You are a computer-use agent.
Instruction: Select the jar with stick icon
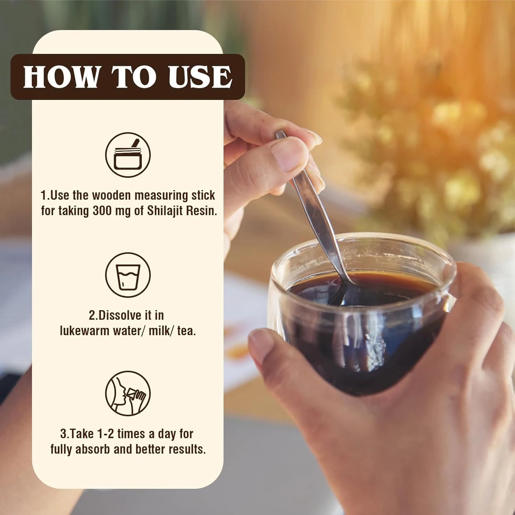pos(128,155)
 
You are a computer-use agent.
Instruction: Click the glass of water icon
pos(128,275)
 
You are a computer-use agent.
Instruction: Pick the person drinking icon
pos(128,393)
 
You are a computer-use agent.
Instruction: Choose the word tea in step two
pos(186,331)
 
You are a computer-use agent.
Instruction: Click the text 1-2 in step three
pos(106,434)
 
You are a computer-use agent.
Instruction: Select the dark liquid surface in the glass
pos(360,292)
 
